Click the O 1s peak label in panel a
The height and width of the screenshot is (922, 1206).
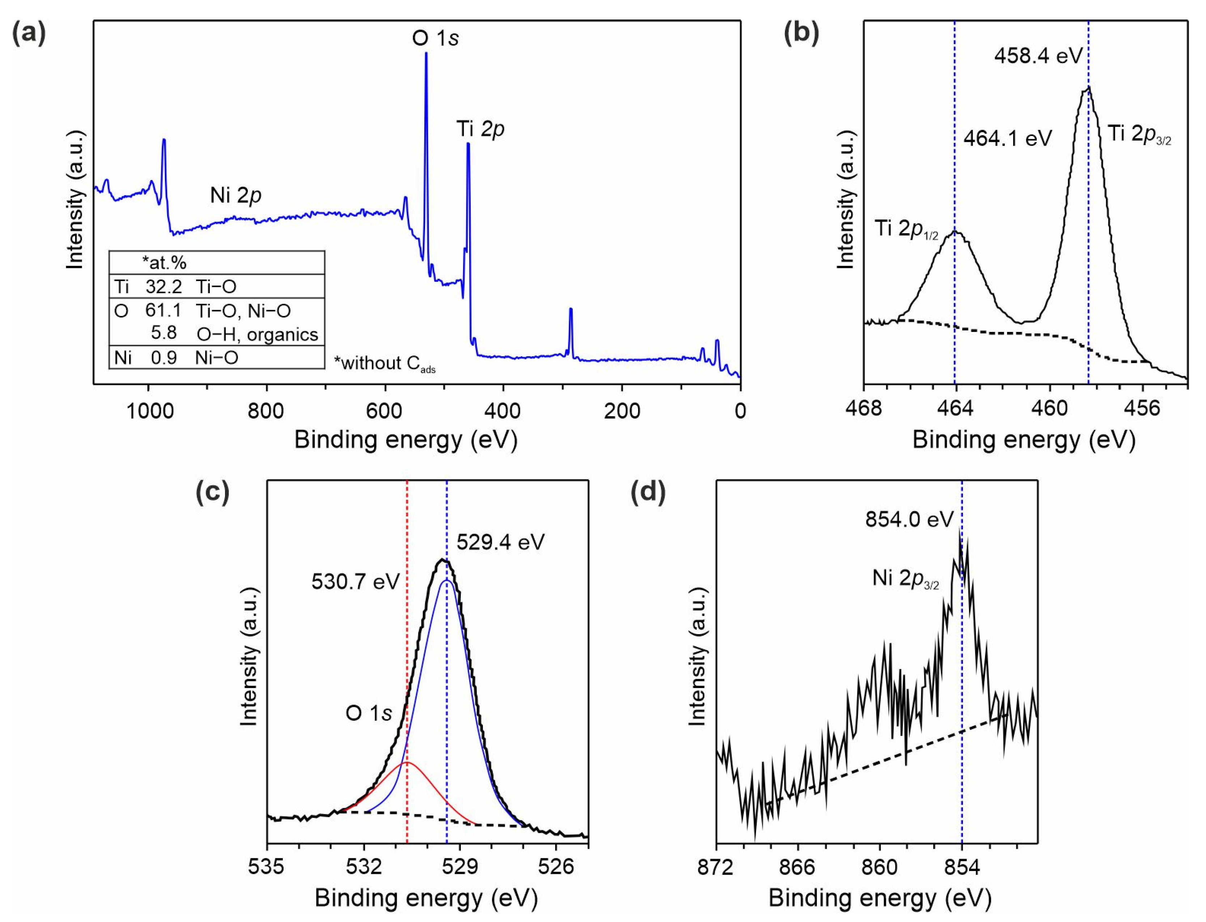coord(435,38)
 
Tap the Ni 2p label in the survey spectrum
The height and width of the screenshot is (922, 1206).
coord(235,195)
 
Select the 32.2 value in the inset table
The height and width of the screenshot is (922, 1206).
coord(164,286)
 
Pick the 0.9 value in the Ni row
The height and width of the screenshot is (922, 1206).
coord(164,358)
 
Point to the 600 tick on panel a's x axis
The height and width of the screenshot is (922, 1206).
coord(385,410)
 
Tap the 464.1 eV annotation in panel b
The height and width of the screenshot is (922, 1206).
coord(1008,138)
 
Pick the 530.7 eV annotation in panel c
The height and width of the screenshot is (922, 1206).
coord(356,582)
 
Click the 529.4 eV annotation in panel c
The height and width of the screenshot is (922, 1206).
coord(501,543)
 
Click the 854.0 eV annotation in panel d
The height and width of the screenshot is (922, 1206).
coord(910,519)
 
